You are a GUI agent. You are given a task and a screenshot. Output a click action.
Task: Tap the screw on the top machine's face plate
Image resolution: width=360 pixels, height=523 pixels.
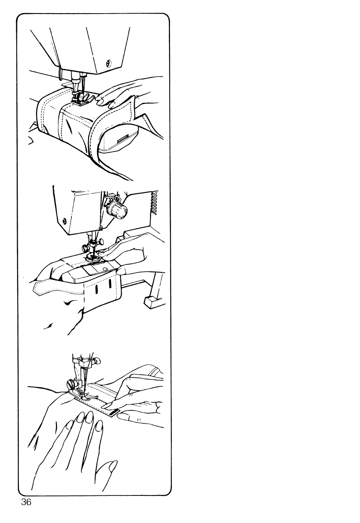108,63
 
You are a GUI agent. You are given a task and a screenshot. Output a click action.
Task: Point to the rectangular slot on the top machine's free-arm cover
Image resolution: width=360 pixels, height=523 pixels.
122,139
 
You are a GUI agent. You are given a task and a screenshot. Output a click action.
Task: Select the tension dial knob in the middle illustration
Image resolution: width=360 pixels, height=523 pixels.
117,210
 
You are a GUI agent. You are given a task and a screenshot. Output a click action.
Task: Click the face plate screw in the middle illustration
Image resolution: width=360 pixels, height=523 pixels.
64,220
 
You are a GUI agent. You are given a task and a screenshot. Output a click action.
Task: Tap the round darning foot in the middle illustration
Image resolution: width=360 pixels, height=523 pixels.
93,258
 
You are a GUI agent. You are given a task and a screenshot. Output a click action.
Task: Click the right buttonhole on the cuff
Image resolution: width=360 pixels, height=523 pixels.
110,284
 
